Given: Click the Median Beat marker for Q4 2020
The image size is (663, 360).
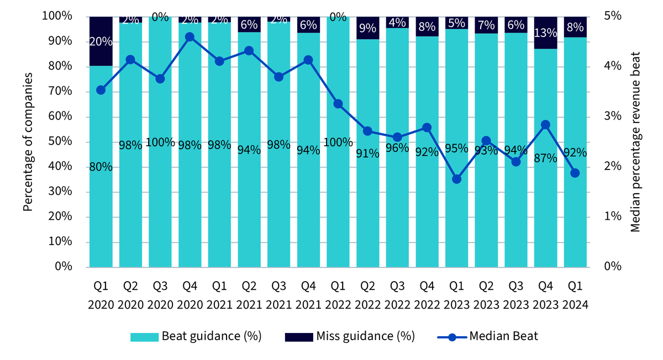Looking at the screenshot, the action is tap(190, 37).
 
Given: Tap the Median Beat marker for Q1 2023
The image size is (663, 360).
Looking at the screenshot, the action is tap(456, 179).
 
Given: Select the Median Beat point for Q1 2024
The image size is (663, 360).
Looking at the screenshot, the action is tap(575, 173).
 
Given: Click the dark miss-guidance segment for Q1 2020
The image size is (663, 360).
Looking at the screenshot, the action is tap(101, 41).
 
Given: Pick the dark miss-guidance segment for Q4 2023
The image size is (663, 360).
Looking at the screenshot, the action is tap(545, 33).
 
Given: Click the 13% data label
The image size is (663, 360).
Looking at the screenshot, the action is tap(545, 33).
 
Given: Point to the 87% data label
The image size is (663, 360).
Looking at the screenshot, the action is tap(545, 158).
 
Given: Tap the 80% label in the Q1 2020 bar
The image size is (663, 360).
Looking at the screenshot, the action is tap(101, 167).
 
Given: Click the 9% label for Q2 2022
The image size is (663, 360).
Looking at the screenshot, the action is tap(367, 28).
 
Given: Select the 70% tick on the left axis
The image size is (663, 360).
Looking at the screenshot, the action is tap(60, 91).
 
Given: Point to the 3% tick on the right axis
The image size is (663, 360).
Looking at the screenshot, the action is tap(612, 115).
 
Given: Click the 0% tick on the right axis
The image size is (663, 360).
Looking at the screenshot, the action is tap(612, 266).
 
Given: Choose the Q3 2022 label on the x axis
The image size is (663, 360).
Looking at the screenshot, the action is tap(397, 295).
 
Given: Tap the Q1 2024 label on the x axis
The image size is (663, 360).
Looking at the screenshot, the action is tap(575, 295).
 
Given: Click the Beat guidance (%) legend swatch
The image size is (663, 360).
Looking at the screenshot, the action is tap(144, 337).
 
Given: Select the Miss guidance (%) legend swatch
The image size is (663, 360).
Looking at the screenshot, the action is tap(299, 337).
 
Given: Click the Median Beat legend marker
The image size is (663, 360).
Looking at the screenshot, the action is tap(452, 337).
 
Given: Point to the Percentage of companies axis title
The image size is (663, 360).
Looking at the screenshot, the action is tap(28, 142).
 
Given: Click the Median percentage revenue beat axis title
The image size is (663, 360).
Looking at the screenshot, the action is tap(635, 142).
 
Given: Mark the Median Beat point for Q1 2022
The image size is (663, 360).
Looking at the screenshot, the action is tap(338, 104).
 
